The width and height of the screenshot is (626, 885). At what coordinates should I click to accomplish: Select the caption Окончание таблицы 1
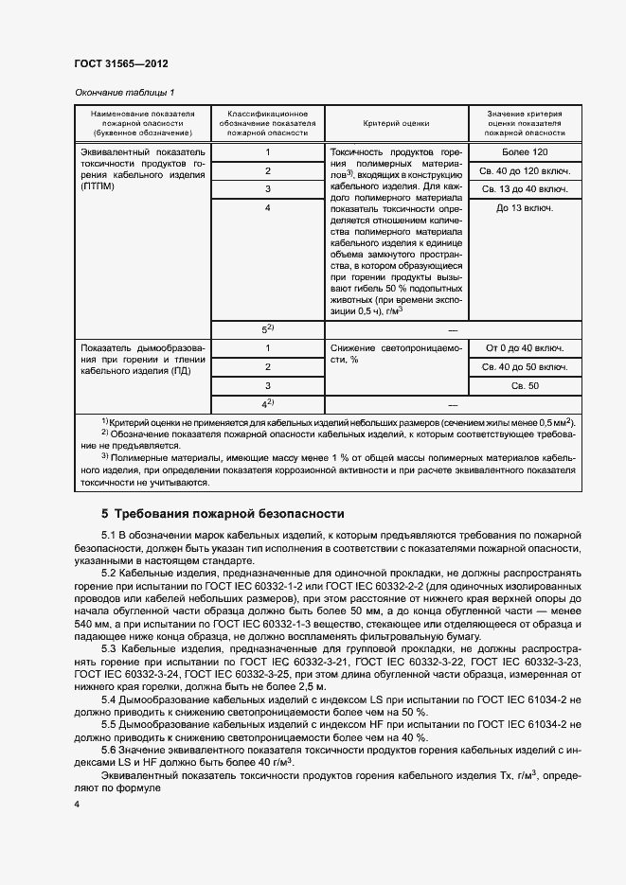124,92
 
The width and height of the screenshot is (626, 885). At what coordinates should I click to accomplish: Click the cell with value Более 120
525,152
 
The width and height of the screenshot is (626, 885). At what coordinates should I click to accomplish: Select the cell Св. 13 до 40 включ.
525,189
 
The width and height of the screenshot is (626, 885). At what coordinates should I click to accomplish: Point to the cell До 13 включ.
525,207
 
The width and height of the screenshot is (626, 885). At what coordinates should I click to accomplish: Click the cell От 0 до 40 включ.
525,348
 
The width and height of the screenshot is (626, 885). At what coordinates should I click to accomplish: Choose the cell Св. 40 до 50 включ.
525,366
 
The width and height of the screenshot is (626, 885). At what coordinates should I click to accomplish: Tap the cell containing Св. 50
525,385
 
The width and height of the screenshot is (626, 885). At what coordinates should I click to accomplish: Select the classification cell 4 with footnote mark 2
268,404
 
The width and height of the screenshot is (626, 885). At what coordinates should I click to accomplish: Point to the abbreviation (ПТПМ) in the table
100,187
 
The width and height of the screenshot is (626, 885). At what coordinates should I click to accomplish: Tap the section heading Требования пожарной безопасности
228,514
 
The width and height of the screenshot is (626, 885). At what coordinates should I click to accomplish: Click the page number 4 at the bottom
77,804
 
